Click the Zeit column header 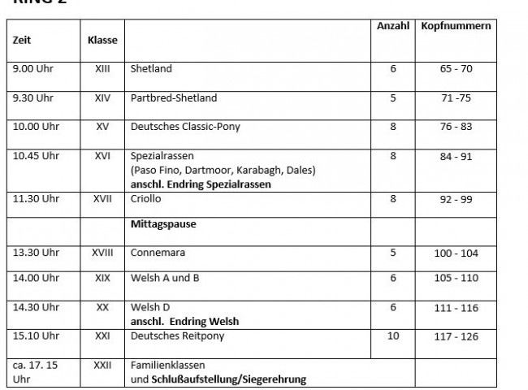[23, 40]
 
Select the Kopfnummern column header [456, 27]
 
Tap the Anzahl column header [393, 27]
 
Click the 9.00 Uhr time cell [31, 69]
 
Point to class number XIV [102, 98]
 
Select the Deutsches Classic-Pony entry [185, 128]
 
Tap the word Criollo [146, 198]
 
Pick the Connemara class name [158, 253]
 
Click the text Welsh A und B [166, 278]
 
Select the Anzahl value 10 [393, 336]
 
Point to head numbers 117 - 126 [456, 336]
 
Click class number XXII [102, 366]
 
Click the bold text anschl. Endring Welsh [184, 321]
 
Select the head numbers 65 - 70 [456, 69]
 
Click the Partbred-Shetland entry [173, 98]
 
